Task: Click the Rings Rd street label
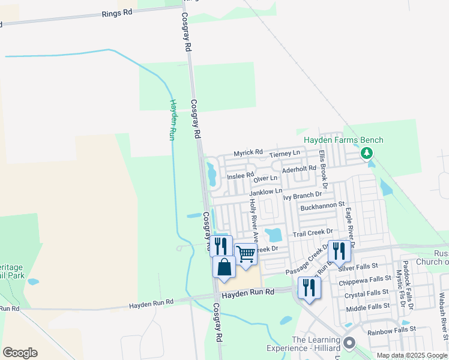tap(118, 13)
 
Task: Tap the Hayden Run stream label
tap(172, 120)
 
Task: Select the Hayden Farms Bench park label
tap(343, 140)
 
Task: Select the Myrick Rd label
tap(249, 152)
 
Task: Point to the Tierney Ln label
tap(285, 155)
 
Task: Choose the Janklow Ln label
tap(265, 192)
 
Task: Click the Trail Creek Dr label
tap(313, 232)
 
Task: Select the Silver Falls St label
tap(358, 266)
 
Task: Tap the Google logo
tap(20, 352)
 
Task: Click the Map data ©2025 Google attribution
tap(411, 355)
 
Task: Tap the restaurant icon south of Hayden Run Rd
tap(309, 287)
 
